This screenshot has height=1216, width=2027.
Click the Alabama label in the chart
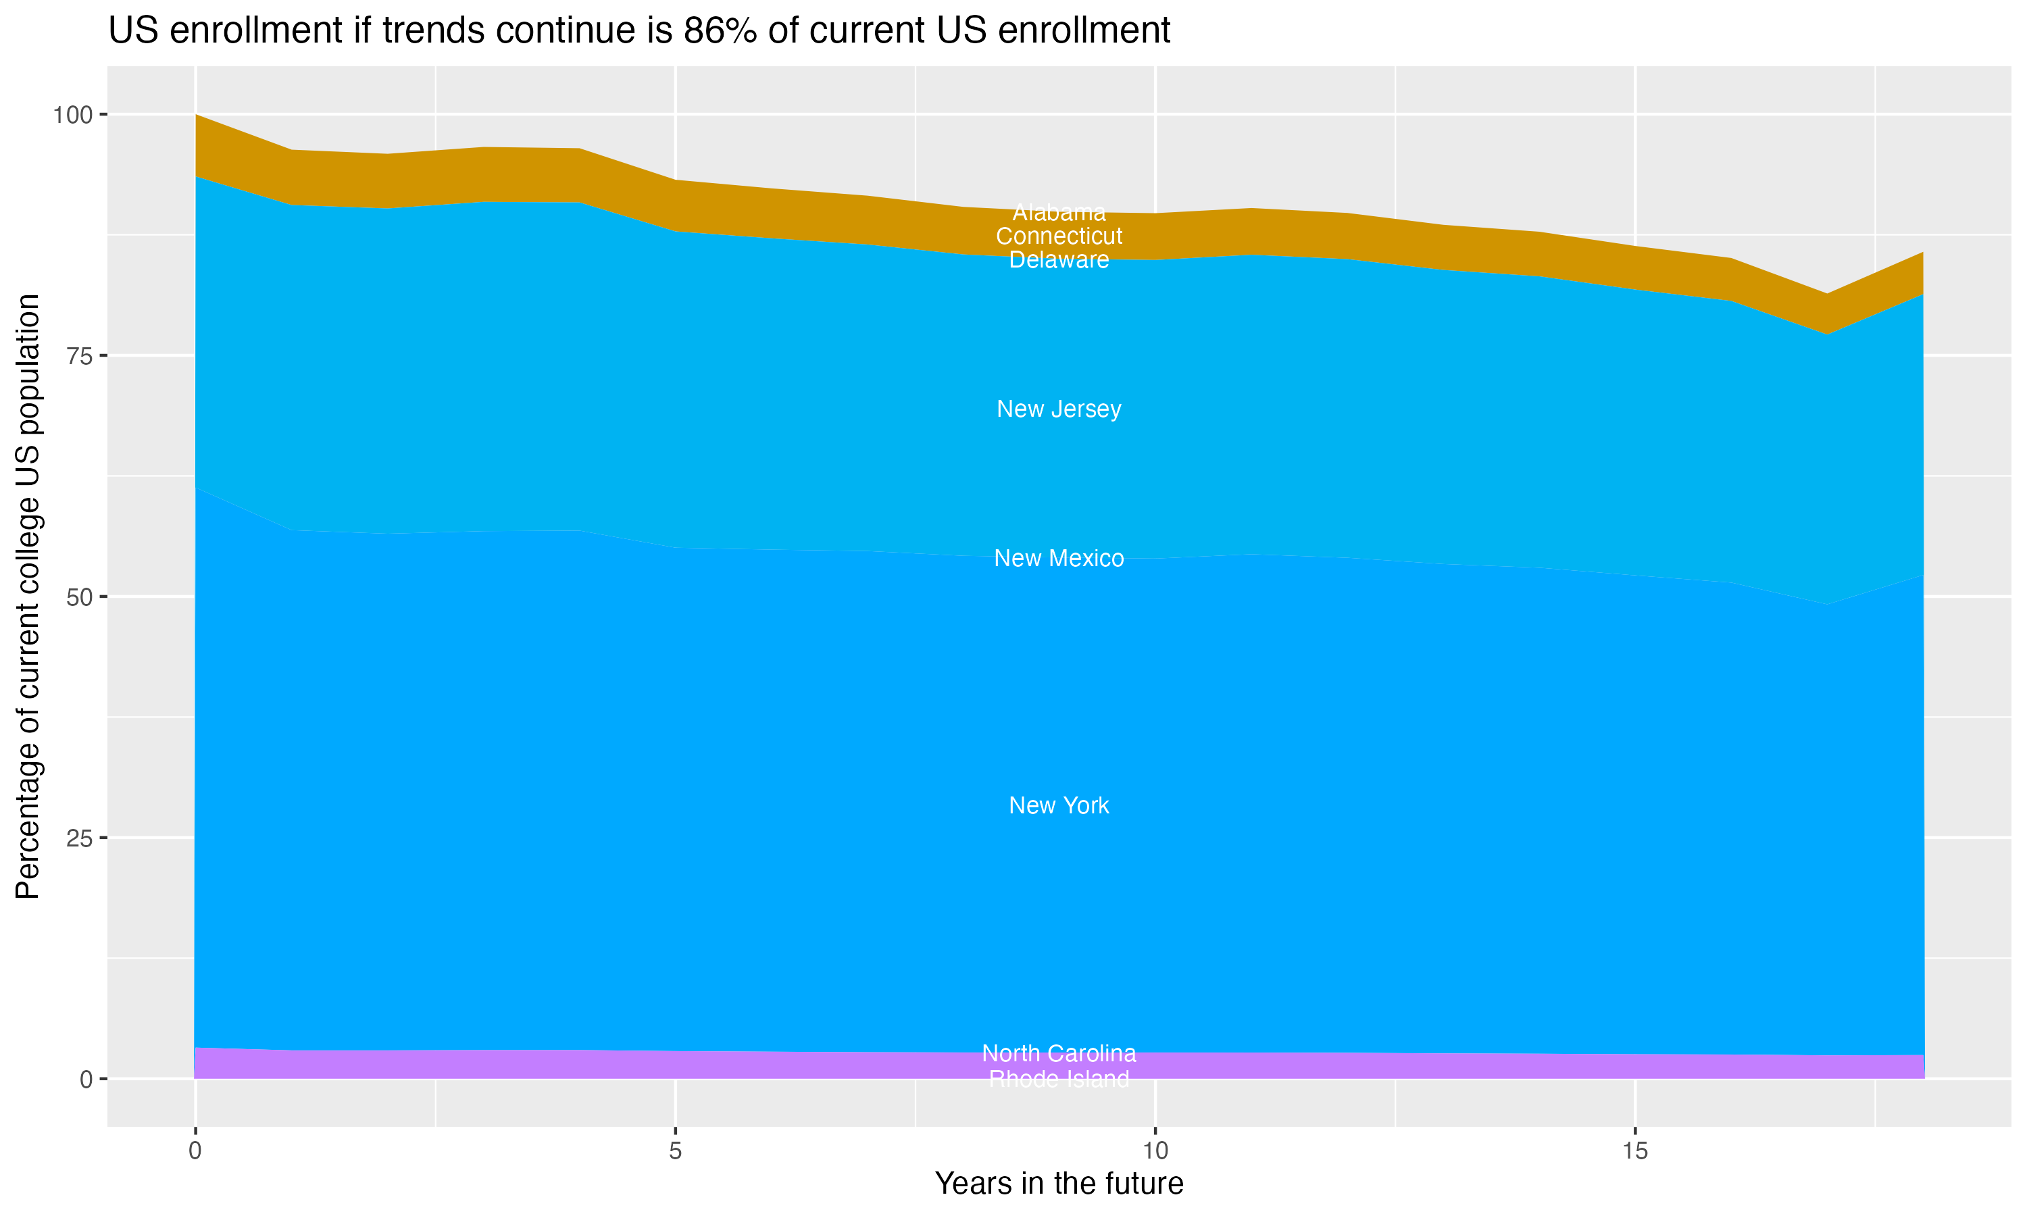(1059, 212)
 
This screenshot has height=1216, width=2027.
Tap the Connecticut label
(1059, 236)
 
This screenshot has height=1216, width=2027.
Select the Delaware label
(1059, 260)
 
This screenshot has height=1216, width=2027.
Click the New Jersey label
(1059, 409)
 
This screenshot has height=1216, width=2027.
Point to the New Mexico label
(1059, 558)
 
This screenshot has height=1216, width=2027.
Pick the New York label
(1059, 805)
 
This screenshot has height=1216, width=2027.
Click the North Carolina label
(1059, 1053)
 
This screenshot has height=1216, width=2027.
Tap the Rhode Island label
(1059, 1079)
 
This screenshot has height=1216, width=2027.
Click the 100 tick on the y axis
(72, 115)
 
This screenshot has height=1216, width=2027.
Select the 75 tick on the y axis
(80, 355)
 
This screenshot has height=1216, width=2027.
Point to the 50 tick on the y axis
(80, 597)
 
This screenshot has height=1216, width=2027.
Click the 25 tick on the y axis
(80, 838)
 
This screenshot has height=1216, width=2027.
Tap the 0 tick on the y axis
(86, 1079)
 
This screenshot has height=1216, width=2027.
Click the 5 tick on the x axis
(675, 1151)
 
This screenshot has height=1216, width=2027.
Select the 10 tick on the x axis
(1155, 1151)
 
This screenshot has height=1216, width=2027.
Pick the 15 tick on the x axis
(1634, 1151)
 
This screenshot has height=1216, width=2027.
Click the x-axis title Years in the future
(1059, 1183)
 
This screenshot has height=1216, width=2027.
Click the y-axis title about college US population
(28, 597)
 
